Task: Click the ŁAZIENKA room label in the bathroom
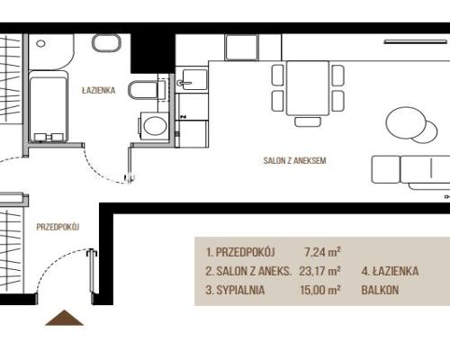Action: pos(99,90)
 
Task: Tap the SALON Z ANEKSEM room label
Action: pos(294,160)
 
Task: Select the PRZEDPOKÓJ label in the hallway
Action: pos(58,227)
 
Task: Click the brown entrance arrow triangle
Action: pos(64,318)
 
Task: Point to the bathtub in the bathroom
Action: pos(48,106)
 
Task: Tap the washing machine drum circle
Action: pos(155,125)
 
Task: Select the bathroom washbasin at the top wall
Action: pos(106,42)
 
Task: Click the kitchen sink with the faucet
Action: pos(192,79)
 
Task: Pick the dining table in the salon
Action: pos(308,88)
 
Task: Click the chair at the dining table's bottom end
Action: pos(308,121)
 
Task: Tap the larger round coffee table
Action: pos(406,123)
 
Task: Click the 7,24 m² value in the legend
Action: pos(322,252)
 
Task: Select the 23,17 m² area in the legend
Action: pos(319,271)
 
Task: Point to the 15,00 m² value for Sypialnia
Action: pos(320,290)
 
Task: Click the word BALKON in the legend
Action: pos(380,290)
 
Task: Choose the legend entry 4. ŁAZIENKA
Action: pos(390,271)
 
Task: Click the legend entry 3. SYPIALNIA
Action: pos(235,290)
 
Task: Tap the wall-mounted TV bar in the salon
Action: pos(416,42)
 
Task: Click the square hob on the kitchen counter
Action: pos(241,47)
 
